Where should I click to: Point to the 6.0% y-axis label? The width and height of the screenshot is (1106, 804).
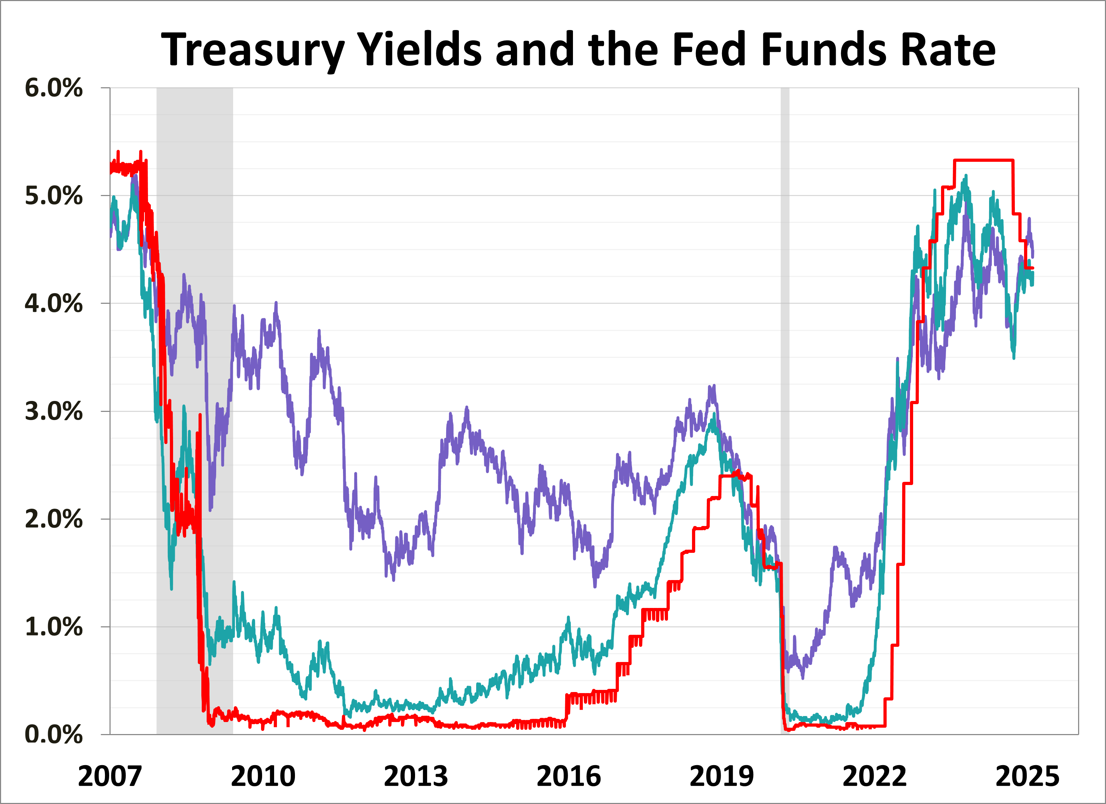(x=54, y=88)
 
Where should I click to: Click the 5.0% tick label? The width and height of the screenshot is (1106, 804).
(x=54, y=196)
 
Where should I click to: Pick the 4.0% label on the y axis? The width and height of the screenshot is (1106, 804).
(x=54, y=304)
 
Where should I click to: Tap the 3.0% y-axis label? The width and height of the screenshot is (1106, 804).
(x=54, y=412)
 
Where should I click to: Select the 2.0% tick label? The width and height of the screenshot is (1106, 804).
(x=54, y=519)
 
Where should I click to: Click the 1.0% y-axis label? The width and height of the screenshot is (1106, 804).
(x=54, y=627)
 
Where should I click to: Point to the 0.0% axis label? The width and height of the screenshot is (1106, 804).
(x=54, y=735)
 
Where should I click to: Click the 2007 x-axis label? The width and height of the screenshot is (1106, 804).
(x=110, y=777)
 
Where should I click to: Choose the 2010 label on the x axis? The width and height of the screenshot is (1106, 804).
(x=263, y=777)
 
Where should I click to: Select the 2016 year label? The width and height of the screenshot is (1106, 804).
(x=569, y=777)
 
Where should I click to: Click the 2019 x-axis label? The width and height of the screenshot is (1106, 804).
(x=722, y=777)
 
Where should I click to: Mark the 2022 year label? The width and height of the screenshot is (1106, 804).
(x=874, y=777)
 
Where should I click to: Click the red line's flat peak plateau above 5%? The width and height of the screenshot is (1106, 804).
(x=983, y=160)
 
